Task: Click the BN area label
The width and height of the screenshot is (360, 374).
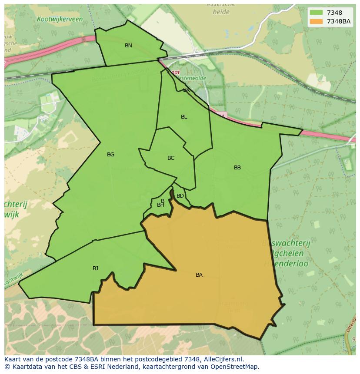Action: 128,46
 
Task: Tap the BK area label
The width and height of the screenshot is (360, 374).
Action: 187,90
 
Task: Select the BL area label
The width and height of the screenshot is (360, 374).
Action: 184,117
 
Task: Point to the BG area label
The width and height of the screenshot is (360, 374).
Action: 110,155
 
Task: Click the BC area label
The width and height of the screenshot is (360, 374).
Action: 171,158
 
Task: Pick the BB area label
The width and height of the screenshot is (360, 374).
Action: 237,168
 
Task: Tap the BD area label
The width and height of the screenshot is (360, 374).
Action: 180,196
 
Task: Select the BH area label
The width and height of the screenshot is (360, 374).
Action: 160,205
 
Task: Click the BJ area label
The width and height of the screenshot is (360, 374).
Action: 95,268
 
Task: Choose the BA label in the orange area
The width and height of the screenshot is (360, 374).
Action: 199,275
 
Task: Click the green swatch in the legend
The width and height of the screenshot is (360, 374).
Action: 316,13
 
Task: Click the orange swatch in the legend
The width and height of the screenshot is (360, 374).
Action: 316,21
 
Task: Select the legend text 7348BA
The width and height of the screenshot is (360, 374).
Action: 339,21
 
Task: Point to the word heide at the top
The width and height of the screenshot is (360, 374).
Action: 221,12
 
